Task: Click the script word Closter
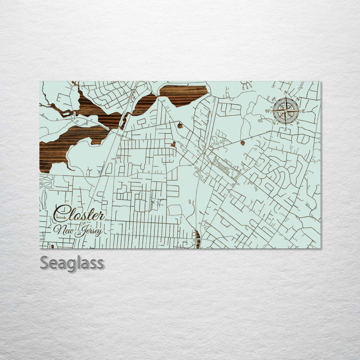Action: (79, 214)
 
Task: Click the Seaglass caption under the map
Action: (72, 262)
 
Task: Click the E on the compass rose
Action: (303, 111)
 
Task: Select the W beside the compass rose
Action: (267, 111)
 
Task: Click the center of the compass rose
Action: (286, 111)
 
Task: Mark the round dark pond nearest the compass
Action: (242, 143)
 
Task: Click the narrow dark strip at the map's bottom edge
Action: (198, 239)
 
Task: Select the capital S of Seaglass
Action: (44, 262)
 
